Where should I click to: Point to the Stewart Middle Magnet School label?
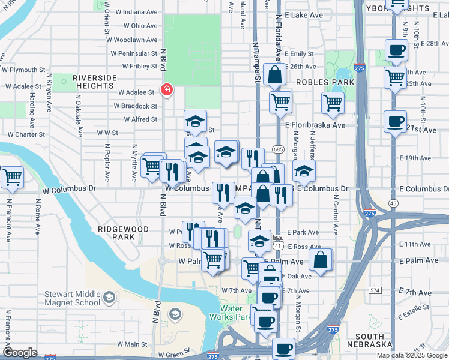(71, 298)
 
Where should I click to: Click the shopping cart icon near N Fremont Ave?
(11, 177)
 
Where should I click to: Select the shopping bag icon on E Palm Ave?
(321, 260)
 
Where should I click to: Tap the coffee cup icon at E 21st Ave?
(395, 122)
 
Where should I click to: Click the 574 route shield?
(375, 290)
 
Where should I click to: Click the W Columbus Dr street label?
(71, 188)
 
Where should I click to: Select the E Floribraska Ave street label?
(315, 125)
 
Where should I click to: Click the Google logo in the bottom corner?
(20, 353)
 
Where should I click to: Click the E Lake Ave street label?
(304, 14)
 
